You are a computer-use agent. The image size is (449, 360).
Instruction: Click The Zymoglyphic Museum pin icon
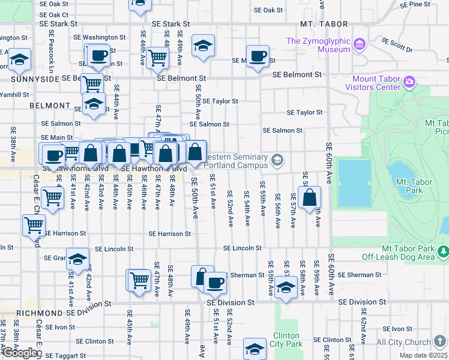(x=360, y=44)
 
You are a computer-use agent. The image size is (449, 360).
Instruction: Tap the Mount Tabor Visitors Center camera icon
(x=410, y=82)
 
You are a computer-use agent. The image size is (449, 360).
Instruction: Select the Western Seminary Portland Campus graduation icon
(x=277, y=159)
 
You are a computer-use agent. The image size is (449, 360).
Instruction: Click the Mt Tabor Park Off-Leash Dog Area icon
(x=443, y=250)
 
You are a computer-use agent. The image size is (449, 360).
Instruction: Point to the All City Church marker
(x=441, y=341)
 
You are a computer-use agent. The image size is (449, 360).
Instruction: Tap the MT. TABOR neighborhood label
(x=324, y=24)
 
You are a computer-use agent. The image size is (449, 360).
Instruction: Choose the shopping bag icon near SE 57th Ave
(x=309, y=199)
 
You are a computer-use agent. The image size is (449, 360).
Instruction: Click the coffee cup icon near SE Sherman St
(x=215, y=283)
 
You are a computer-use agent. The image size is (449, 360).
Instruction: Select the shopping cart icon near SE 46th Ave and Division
(x=139, y=280)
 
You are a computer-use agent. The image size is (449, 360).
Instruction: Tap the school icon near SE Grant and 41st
(x=77, y=259)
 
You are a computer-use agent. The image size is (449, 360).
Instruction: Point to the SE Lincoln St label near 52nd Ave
(x=242, y=248)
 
